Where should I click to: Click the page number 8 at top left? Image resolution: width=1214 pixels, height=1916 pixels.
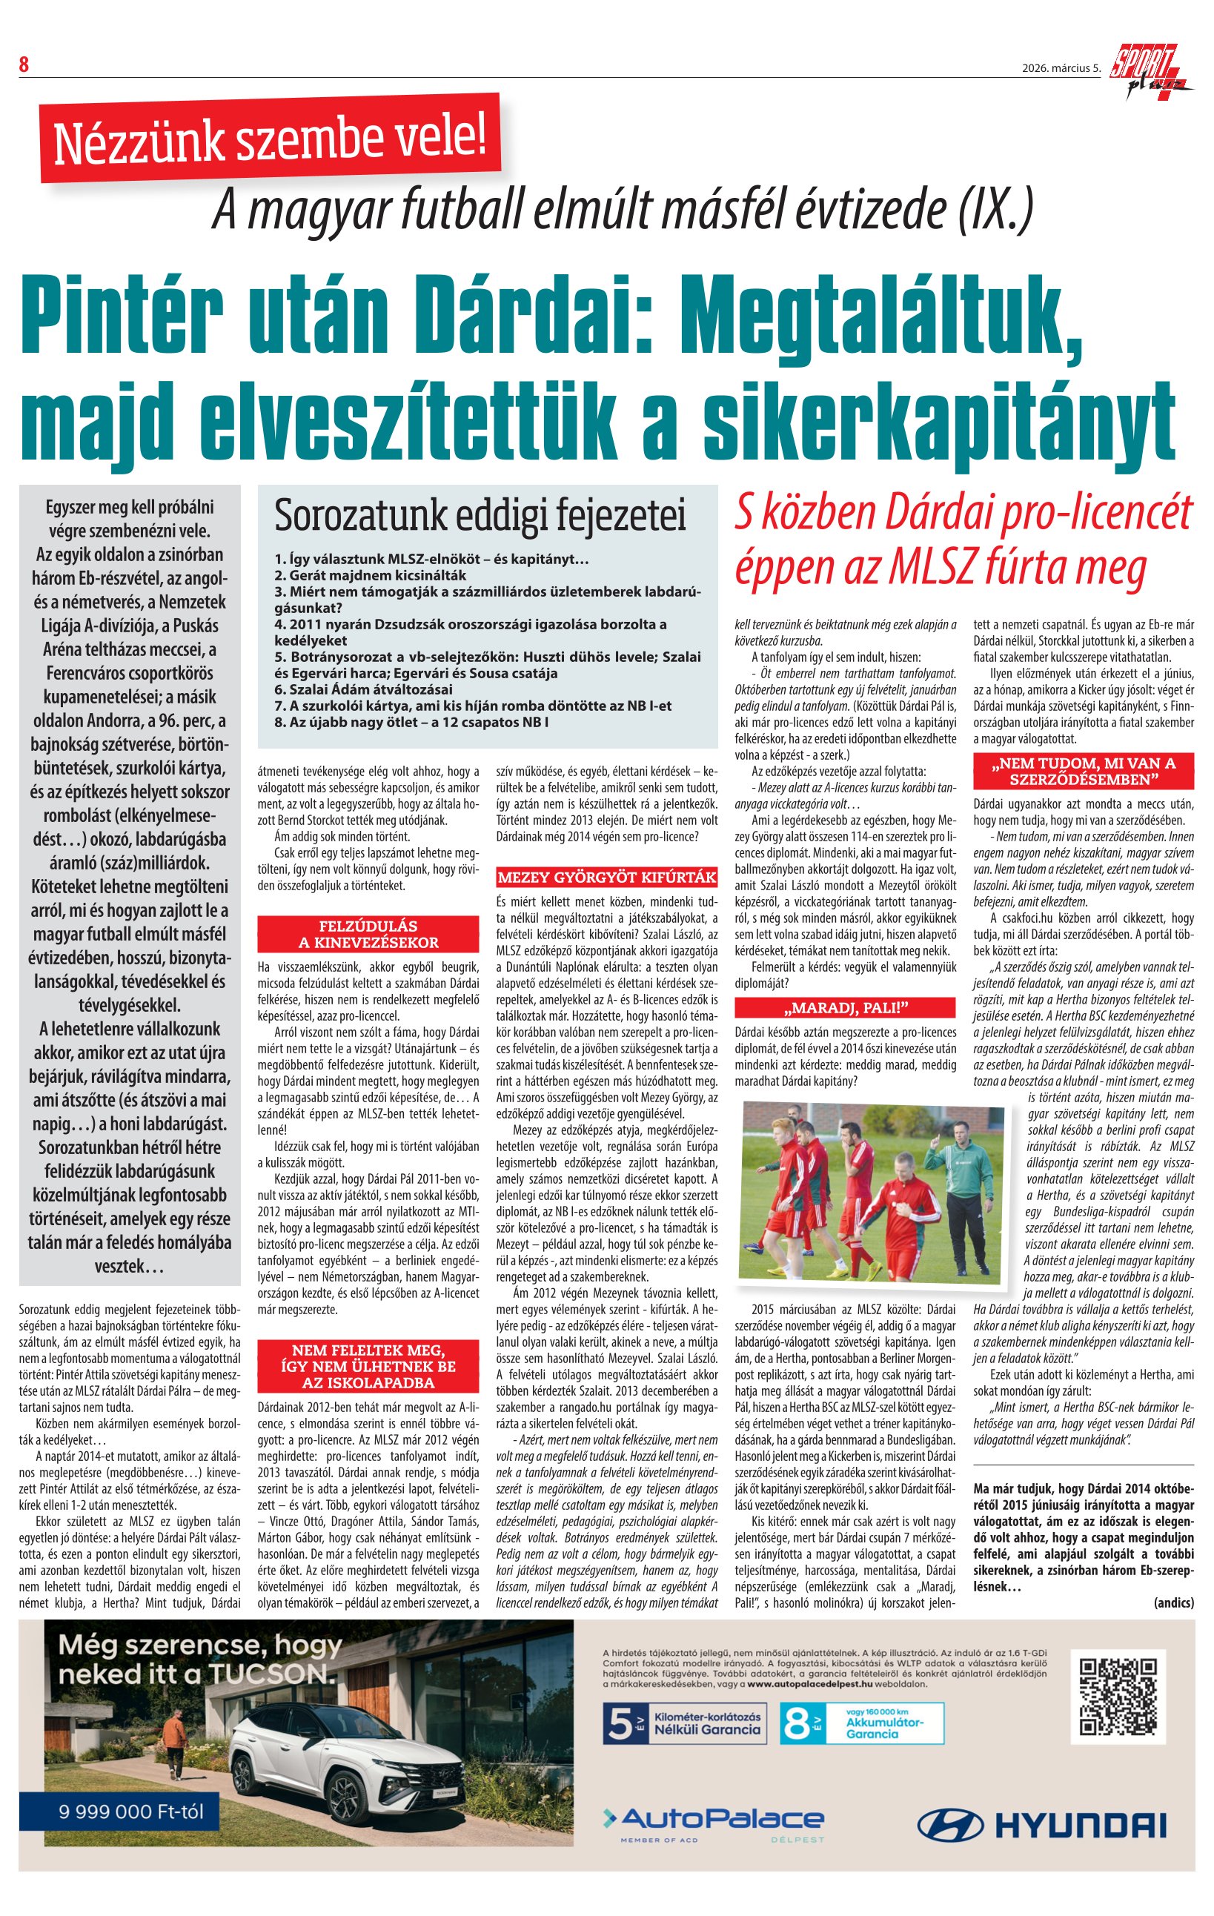(x=24, y=65)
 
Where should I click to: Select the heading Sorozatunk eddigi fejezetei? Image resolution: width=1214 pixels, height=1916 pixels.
(x=480, y=516)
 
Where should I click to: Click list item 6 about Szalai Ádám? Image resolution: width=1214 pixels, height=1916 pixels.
(x=364, y=689)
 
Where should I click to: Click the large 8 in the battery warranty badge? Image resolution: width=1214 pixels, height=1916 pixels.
(x=796, y=1723)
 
